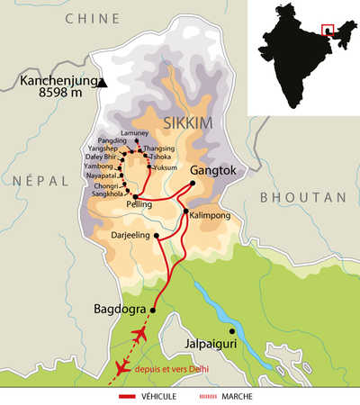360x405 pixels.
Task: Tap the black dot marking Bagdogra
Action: point(152,310)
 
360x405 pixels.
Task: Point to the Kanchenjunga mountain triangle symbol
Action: point(104,83)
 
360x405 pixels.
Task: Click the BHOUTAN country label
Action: point(295,196)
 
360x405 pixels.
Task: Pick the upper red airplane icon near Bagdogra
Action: point(139,336)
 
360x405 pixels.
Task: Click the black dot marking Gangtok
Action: point(192,183)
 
